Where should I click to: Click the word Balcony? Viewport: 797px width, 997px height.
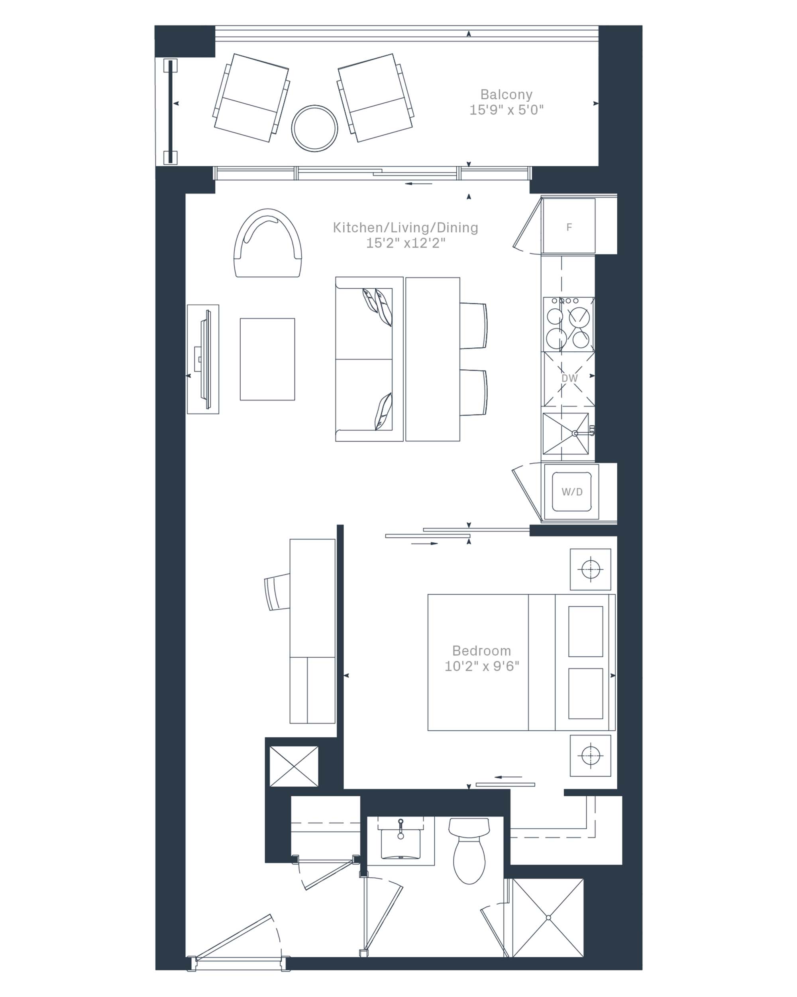point(506,95)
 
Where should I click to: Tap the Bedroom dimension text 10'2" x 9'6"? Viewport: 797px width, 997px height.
point(481,666)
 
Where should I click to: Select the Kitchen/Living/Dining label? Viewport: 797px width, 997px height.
point(405,228)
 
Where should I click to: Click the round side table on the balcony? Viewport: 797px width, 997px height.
point(314,128)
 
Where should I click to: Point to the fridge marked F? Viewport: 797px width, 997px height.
point(569,226)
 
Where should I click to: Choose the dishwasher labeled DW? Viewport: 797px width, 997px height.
point(569,379)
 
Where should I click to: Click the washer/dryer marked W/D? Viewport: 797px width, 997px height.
point(571,492)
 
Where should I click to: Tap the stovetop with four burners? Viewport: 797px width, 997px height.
point(569,324)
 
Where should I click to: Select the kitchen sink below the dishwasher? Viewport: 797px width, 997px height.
point(566,433)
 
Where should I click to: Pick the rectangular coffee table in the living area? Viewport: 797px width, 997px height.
point(267,359)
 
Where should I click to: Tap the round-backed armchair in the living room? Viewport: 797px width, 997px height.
point(267,243)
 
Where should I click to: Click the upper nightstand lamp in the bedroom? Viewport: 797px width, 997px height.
point(591,569)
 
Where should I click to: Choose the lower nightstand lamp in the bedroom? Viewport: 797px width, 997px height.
point(591,756)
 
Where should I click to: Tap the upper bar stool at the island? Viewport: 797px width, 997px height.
point(473,325)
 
